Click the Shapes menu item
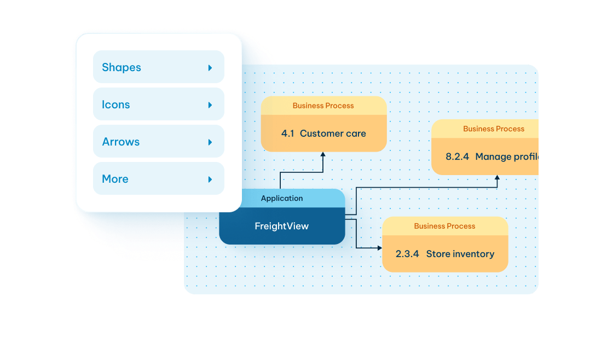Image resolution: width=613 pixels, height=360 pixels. click(122, 67)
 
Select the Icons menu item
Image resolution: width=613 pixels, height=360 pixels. click(116, 104)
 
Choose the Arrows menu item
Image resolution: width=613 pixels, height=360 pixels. click(121, 142)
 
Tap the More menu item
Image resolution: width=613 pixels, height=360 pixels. click(115, 179)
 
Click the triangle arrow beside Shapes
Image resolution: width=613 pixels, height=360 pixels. click(210, 68)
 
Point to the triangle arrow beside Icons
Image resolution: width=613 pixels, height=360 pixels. click(210, 105)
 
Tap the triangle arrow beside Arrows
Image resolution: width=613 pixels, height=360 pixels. click(210, 142)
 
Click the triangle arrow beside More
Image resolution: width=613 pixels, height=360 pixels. click(210, 179)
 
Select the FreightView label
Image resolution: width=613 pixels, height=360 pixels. click(282, 226)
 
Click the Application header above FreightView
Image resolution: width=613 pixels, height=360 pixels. click(282, 199)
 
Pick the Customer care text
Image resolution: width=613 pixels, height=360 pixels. click(333, 133)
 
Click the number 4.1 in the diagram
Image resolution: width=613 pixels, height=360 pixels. click(288, 133)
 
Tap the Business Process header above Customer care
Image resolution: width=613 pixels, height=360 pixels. click(323, 106)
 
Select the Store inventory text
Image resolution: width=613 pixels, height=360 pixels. click(460, 254)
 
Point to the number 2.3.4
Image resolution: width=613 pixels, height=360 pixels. click(407, 254)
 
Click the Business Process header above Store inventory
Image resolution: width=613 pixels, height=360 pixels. click(444, 226)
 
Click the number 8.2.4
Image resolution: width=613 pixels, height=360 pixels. click(458, 156)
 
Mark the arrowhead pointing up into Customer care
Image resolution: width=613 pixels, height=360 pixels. click(323, 155)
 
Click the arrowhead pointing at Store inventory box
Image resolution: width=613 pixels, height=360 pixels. click(379, 248)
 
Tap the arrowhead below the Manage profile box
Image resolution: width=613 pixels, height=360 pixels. click(497, 178)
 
